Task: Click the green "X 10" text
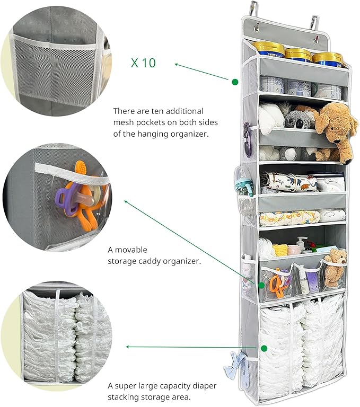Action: click(x=143, y=63)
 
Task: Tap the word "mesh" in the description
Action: click(x=124, y=122)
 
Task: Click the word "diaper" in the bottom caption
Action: click(x=205, y=386)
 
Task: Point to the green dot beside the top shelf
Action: click(x=235, y=82)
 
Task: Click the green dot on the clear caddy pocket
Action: click(x=261, y=285)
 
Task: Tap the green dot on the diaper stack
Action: click(x=264, y=348)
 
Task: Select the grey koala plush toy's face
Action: click(x=298, y=120)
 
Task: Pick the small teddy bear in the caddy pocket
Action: click(x=335, y=267)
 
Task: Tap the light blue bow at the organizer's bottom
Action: click(x=234, y=365)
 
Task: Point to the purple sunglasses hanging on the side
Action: click(x=247, y=139)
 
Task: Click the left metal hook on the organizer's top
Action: click(x=253, y=10)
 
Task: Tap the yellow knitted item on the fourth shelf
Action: click(x=280, y=250)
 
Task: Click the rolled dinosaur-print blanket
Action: click(x=289, y=181)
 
